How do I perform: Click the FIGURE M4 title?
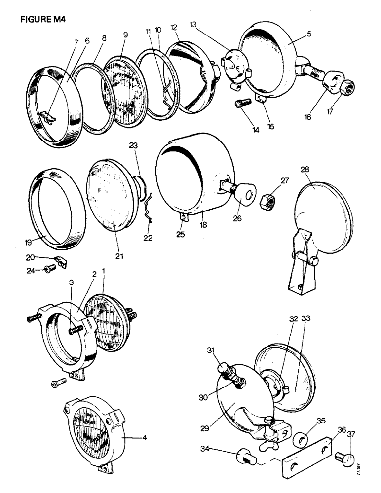coord(43,20)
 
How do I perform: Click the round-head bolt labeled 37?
coord(344,460)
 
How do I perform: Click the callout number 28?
coord(306,170)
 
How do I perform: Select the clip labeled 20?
coord(61,262)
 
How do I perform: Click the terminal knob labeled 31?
coord(223,368)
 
